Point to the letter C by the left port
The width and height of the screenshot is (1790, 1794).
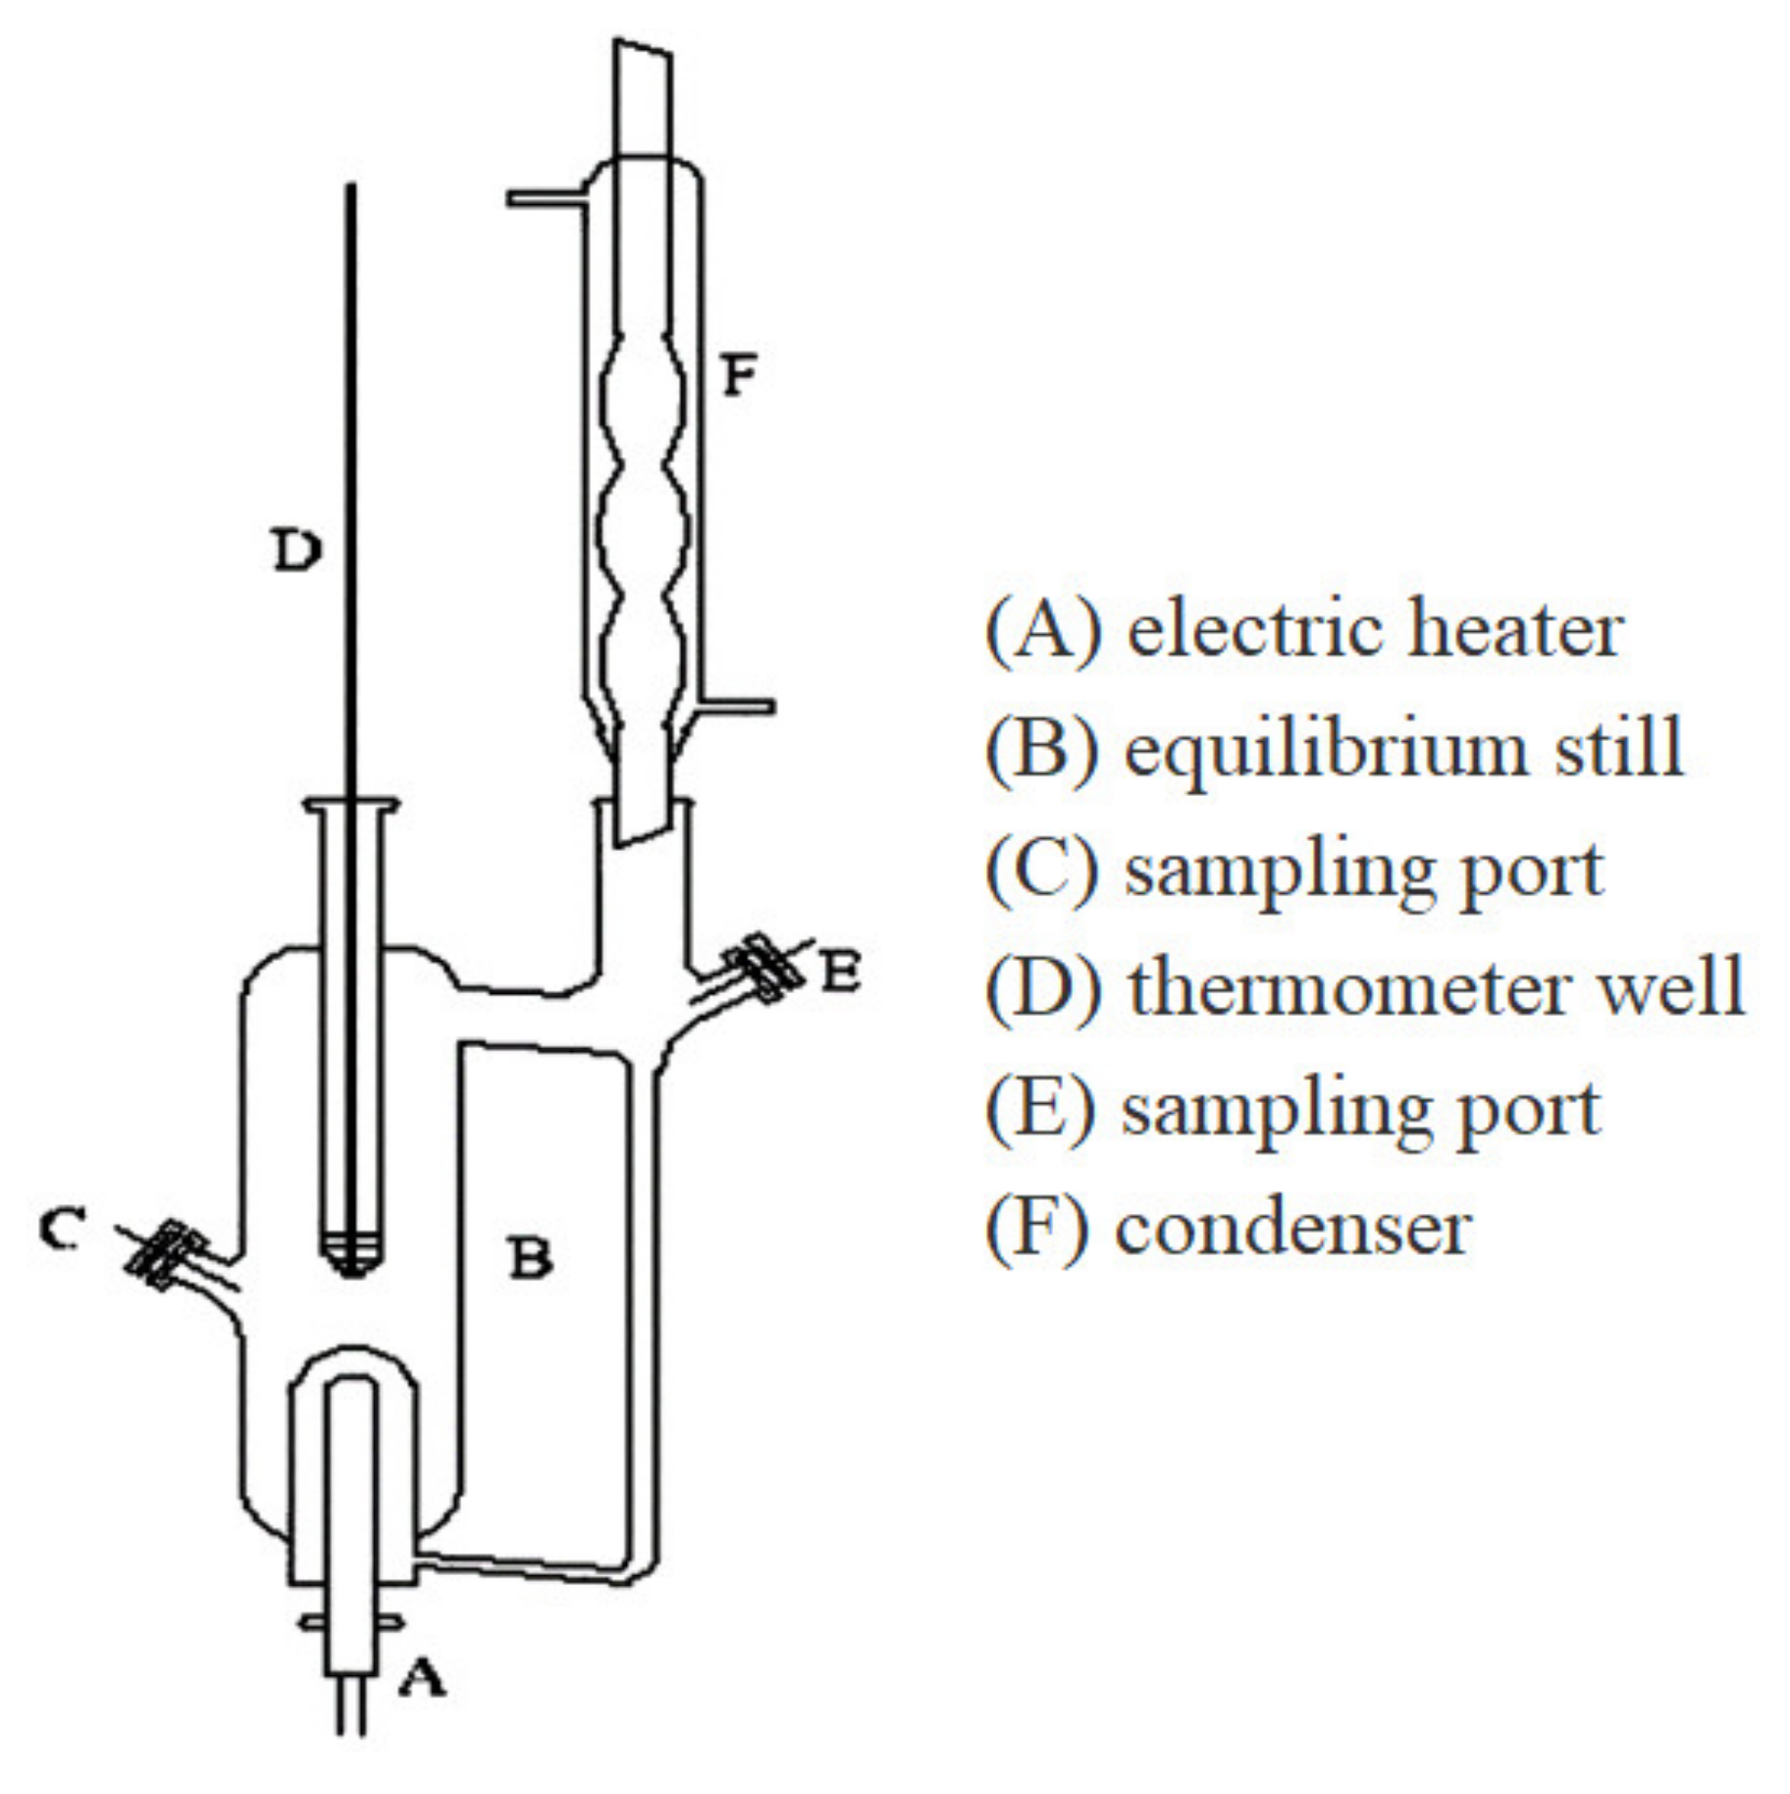pos(63,1228)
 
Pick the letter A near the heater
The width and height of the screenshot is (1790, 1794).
pos(422,1677)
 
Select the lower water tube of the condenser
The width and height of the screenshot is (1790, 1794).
pos(738,706)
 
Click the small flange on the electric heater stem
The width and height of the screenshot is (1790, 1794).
pos(351,1623)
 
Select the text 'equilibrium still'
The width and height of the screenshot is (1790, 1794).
pos(1403,750)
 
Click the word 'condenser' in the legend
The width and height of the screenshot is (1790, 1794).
pos(1293,1228)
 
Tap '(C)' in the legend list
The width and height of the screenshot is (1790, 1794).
pos(1042,870)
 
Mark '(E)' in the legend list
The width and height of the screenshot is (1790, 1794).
pos(1040,1109)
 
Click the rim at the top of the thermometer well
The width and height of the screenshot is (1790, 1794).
pos(351,806)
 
